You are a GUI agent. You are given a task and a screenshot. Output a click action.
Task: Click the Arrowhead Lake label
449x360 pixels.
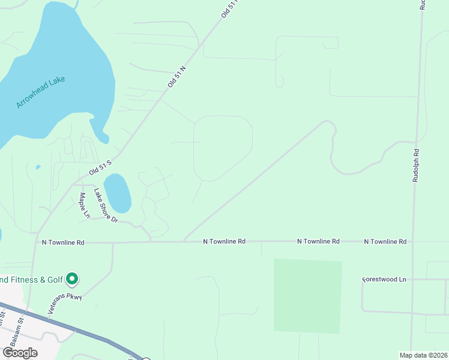(x=40, y=92)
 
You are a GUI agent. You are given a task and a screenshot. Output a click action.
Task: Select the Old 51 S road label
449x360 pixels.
(x=101, y=167)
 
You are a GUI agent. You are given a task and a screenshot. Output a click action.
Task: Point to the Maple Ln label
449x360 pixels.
(x=85, y=205)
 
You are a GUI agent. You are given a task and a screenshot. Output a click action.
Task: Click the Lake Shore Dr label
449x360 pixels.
(x=106, y=206)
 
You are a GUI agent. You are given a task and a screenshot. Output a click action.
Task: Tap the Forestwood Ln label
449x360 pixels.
(x=385, y=280)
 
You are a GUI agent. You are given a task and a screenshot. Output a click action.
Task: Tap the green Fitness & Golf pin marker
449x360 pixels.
(x=72, y=278)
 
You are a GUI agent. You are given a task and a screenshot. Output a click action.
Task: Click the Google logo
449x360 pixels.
(x=20, y=352)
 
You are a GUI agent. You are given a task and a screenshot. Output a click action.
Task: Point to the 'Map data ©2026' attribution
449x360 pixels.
(x=423, y=355)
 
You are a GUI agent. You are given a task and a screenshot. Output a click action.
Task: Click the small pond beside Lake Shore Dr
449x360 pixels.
(x=118, y=193)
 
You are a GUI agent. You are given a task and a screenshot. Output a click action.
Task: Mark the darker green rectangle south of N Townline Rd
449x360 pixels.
(x=307, y=295)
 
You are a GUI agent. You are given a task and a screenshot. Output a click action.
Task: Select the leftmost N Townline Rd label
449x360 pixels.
(x=63, y=242)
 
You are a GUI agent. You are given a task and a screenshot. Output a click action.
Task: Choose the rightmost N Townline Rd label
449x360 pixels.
(x=385, y=241)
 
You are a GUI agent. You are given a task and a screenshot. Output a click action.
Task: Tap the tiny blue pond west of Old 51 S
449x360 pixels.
(x=38, y=167)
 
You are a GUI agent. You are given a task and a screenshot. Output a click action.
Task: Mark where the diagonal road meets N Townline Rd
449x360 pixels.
(x=184, y=241)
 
